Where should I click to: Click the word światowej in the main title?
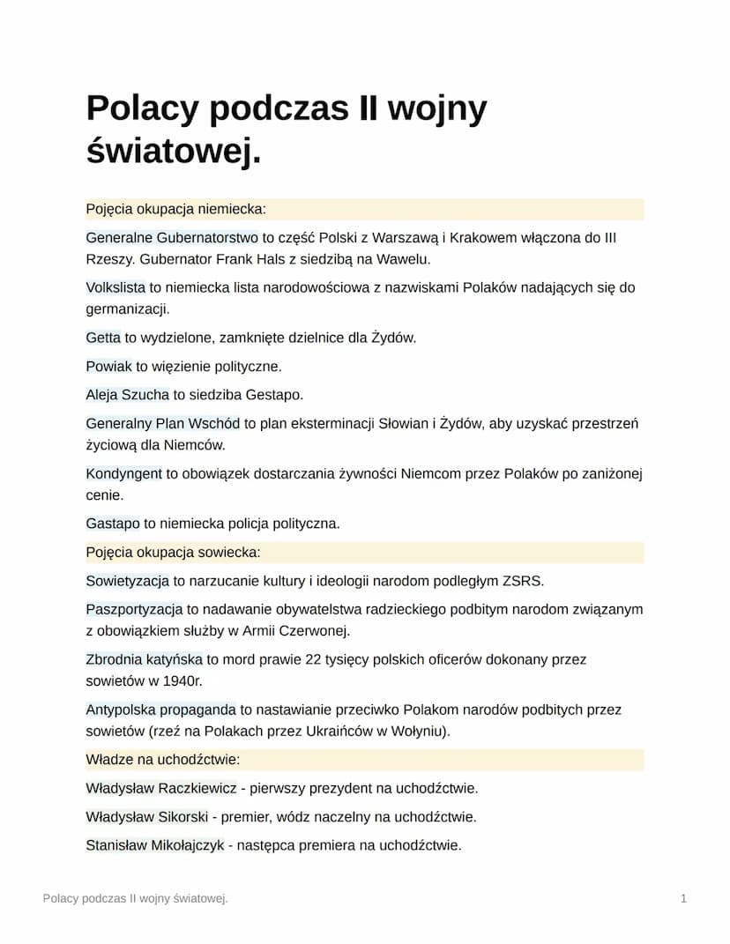tap(173, 151)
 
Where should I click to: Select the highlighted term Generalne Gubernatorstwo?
tap(172, 238)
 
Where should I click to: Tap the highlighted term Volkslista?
tap(115, 287)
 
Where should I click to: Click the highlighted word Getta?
tap(103, 338)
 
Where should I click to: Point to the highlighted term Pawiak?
tap(108, 366)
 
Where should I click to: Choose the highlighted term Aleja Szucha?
tap(127, 395)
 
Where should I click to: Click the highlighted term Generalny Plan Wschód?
tap(163, 424)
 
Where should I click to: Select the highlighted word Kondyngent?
tap(124, 474)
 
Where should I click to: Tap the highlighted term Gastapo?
tap(113, 524)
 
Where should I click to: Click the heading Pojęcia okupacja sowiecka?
tap(173, 553)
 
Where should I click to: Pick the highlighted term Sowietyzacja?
tap(127, 581)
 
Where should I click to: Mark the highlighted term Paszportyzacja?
tap(134, 609)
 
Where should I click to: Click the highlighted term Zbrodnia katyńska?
tap(145, 659)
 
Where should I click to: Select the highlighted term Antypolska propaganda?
tap(160, 710)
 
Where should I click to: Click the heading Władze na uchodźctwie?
tap(163, 760)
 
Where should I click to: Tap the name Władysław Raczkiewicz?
tap(161, 788)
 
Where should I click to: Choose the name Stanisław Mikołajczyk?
tap(155, 845)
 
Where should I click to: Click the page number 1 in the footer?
tap(683, 898)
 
